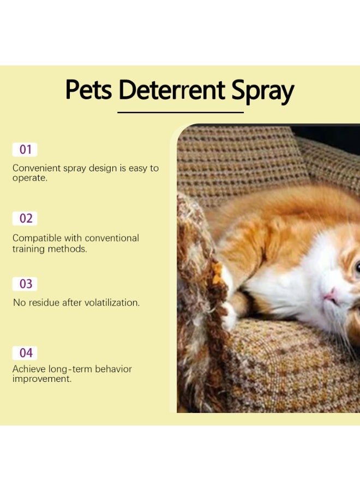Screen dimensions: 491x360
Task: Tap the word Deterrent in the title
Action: [172, 89]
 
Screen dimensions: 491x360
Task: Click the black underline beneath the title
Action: [181, 112]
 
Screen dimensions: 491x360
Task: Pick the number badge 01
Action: [25, 149]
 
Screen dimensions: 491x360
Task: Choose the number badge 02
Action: [26, 218]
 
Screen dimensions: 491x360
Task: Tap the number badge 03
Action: [26, 284]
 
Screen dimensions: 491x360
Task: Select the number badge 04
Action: [26, 352]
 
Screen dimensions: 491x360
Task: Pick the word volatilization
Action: [110, 302]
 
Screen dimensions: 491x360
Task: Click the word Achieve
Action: [29, 369]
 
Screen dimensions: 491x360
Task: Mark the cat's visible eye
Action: [357, 267]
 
